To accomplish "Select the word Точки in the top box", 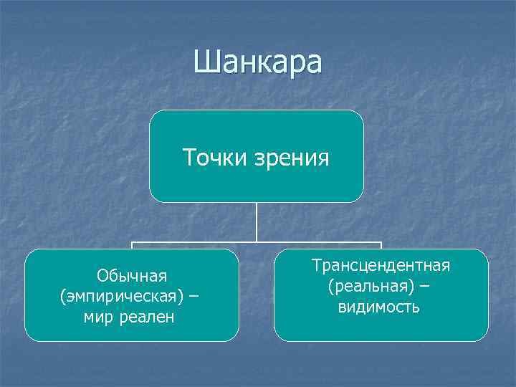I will (212, 156).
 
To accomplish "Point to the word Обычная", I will (132, 276).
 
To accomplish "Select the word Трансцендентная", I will (381, 266).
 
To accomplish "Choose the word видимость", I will (379, 307).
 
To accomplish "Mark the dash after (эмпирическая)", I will (195, 296).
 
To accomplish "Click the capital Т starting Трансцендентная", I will (316, 266).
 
